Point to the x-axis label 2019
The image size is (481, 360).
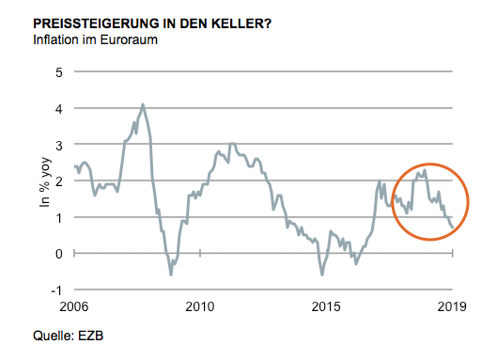(452, 307)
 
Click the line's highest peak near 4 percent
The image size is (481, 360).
(142, 104)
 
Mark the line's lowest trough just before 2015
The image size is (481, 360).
(322, 274)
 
